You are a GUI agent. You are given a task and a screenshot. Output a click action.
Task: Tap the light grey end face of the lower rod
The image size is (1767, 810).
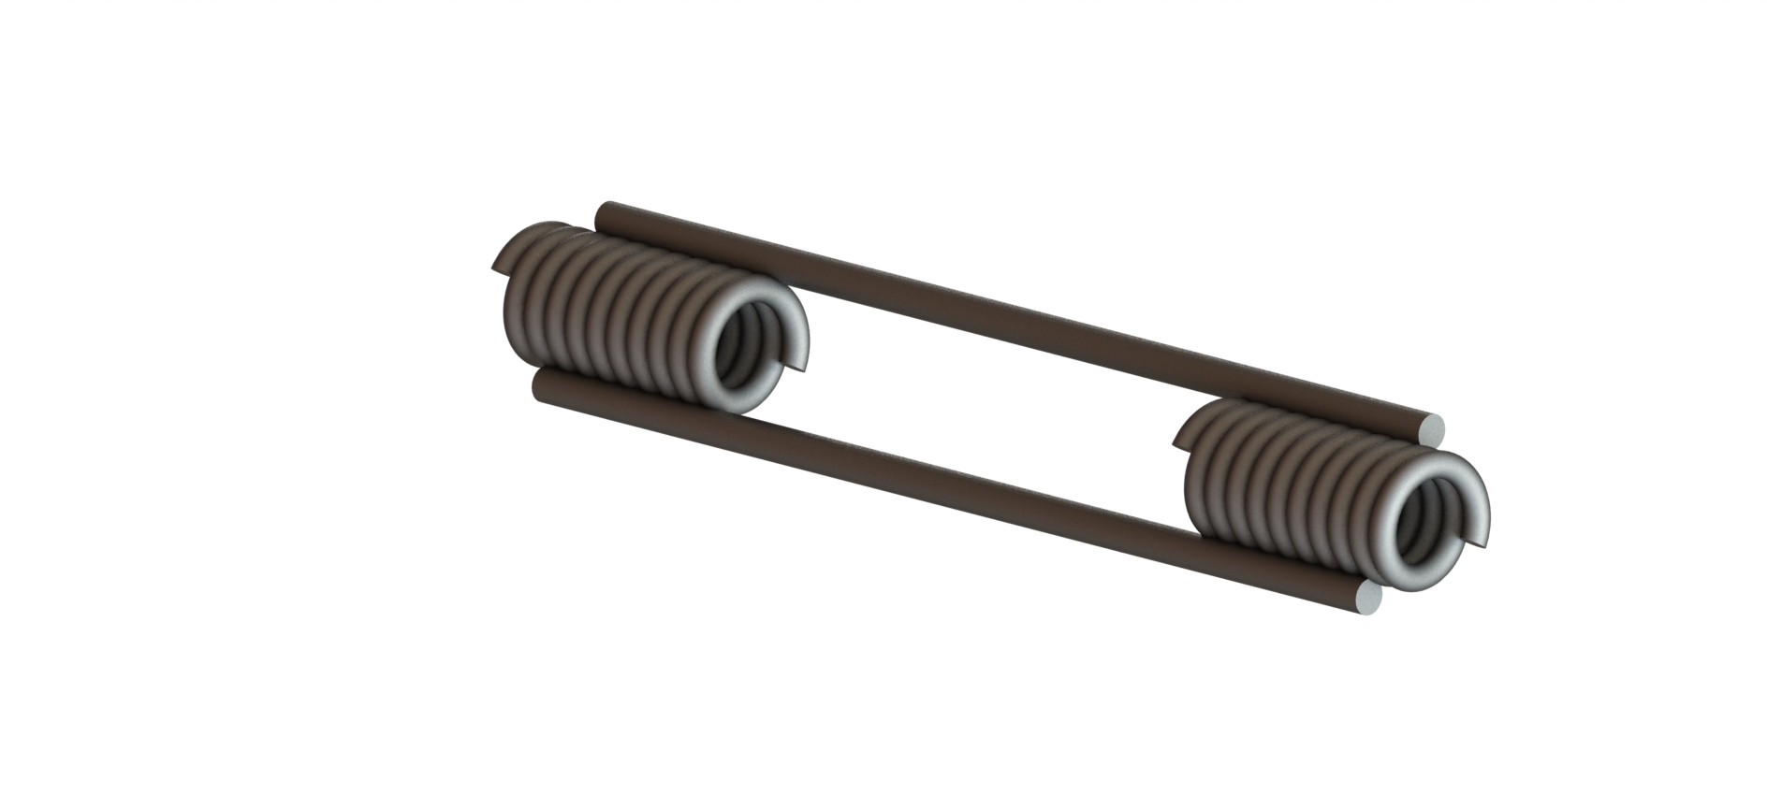(1367, 599)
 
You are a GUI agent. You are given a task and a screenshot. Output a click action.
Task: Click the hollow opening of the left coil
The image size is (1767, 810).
(749, 351)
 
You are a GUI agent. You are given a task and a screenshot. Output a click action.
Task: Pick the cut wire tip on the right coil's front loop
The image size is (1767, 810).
(1474, 540)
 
